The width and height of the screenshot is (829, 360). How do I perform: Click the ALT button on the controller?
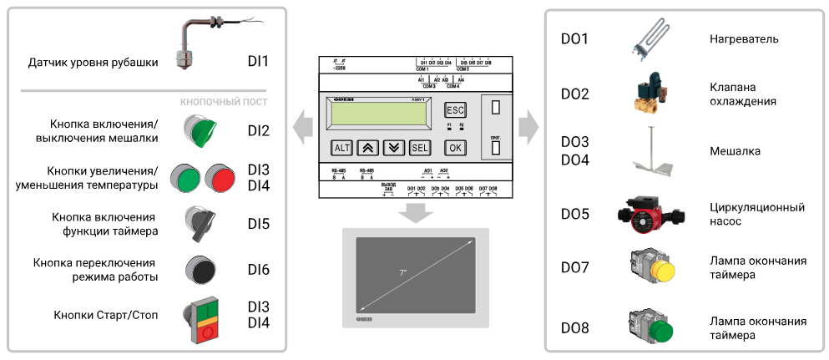point(342,148)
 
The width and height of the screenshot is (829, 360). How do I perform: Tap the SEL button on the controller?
point(420,148)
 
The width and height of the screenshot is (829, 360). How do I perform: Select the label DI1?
point(259,61)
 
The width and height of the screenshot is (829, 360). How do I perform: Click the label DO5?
point(574,214)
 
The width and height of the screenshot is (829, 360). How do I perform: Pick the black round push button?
point(200,269)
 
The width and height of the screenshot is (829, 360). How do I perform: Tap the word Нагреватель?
point(744,39)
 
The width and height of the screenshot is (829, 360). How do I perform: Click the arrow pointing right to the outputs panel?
point(528,128)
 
